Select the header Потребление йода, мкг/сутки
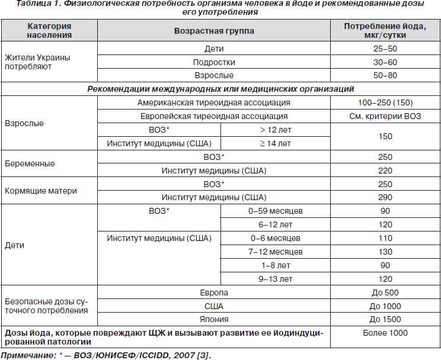(x=385, y=30)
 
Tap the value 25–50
(x=385, y=49)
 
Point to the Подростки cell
(x=213, y=62)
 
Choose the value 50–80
(x=385, y=75)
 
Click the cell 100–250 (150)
(x=385, y=102)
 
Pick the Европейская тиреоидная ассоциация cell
(x=213, y=116)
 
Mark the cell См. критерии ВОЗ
(x=385, y=116)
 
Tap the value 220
(x=385, y=171)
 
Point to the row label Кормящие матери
(x=41, y=191)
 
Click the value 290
(x=385, y=197)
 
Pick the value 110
(x=385, y=238)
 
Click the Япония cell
(x=213, y=320)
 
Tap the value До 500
(x=385, y=292)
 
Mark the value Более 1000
(x=385, y=333)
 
